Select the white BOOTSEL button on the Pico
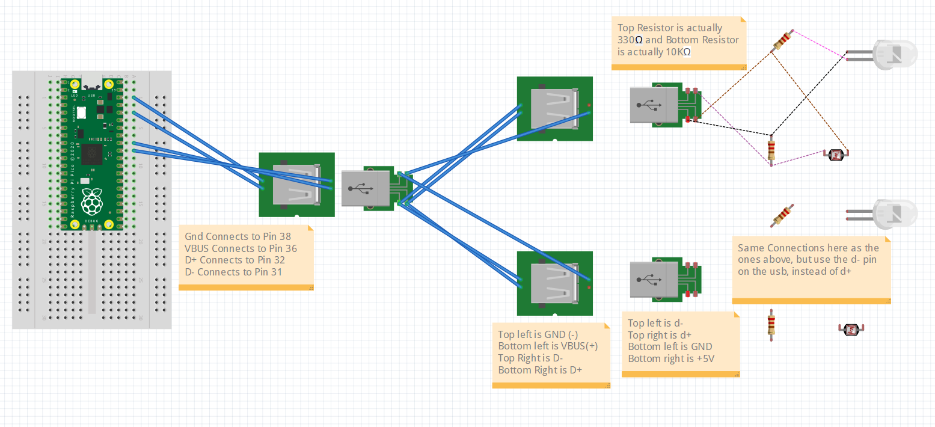tap(81, 113)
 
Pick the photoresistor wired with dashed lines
tap(836, 155)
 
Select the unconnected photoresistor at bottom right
tap(850, 329)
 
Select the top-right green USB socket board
tap(554, 109)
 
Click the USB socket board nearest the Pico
tap(296, 185)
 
